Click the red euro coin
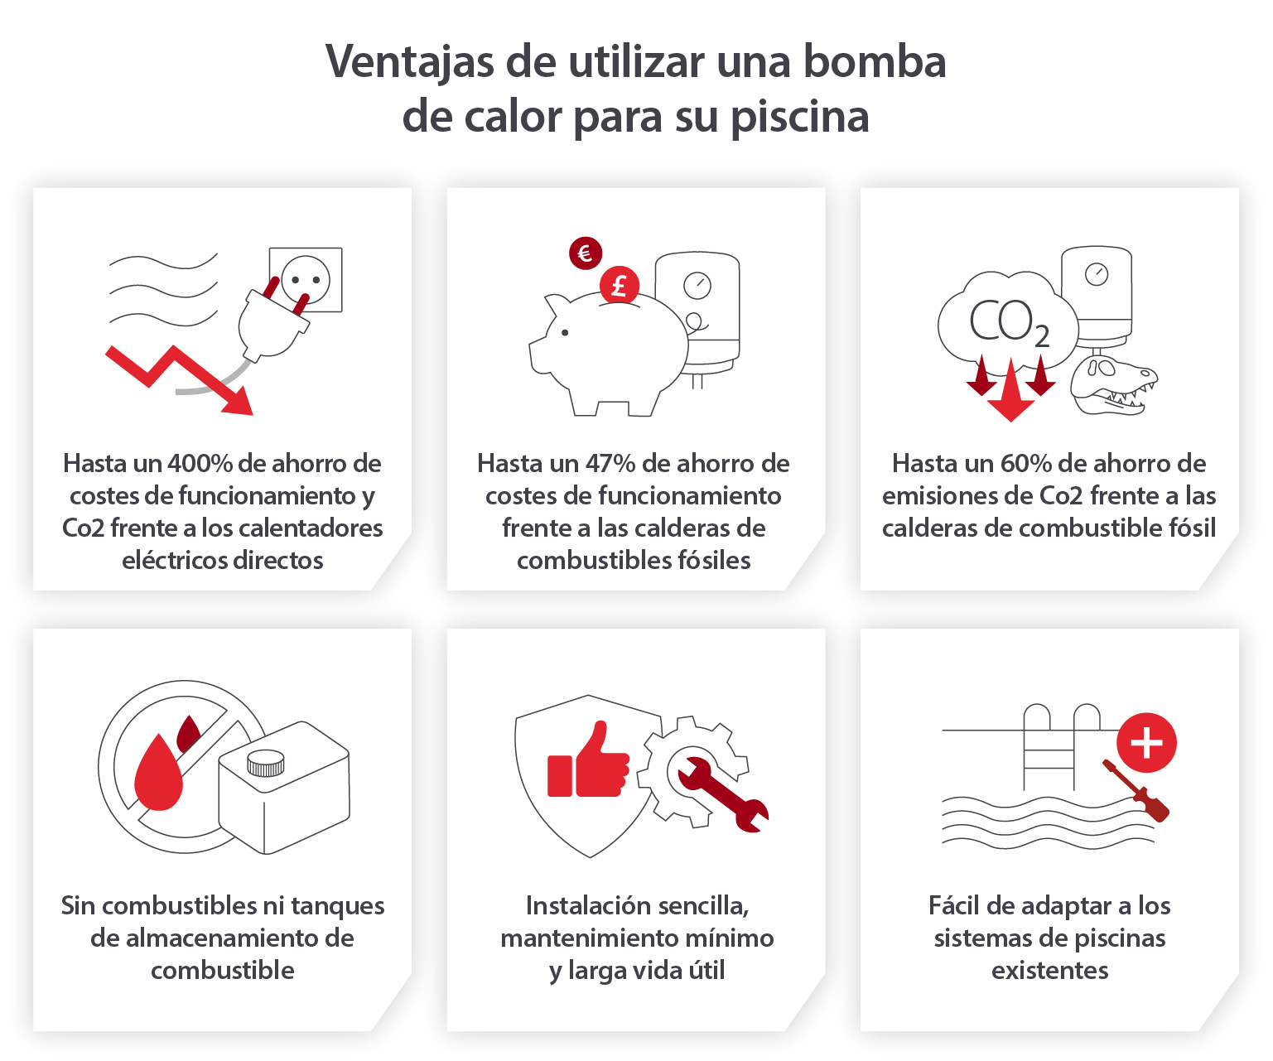click(x=586, y=253)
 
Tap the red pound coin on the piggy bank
click(x=620, y=285)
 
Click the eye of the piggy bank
click(x=565, y=333)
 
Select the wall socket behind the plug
click(x=306, y=280)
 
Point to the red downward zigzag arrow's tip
click(x=252, y=415)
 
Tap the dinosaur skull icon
click(x=1114, y=385)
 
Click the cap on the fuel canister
click(x=266, y=763)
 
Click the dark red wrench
click(x=722, y=793)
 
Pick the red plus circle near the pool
click(x=1146, y=743)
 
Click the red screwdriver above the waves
click(x=1136, y=790)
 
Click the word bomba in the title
click(x=875, y=62)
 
